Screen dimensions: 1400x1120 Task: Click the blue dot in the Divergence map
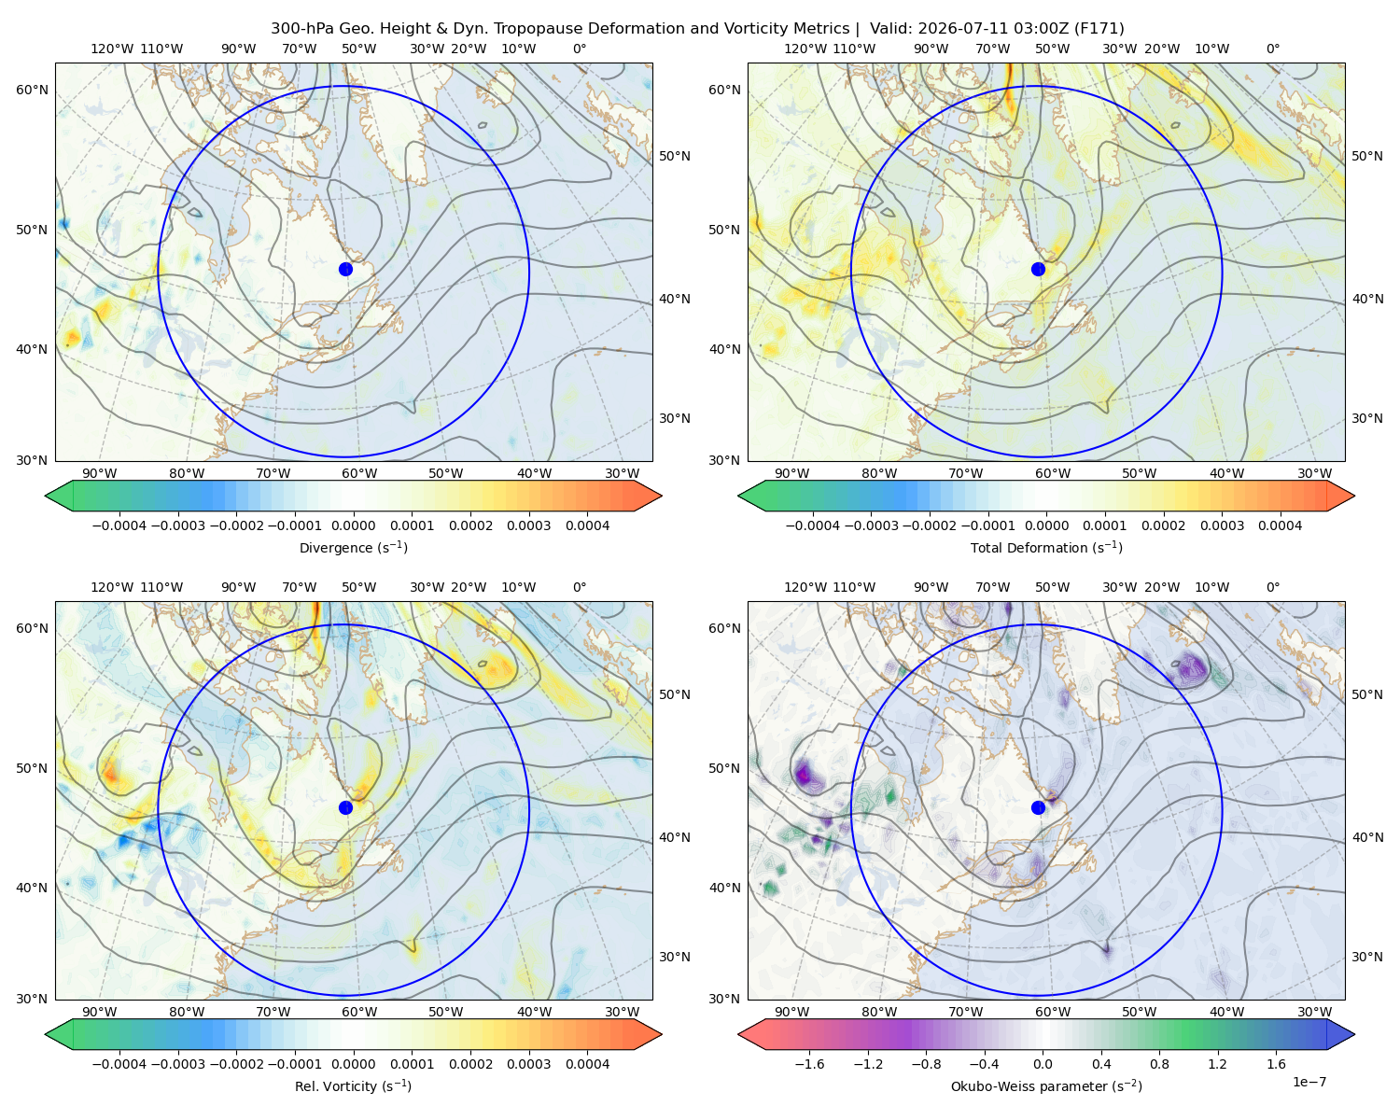(345, 270)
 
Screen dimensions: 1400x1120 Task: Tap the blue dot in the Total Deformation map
(1038, 270)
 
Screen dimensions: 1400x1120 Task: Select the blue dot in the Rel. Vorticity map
(345, 807)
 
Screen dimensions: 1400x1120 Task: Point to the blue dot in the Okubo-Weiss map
(1038, 807)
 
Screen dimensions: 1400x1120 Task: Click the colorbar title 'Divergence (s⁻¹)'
(353, 548)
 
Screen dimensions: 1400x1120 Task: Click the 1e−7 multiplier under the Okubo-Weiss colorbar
(1309, 1083)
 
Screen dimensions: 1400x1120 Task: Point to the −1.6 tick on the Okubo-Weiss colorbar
(809, 1064)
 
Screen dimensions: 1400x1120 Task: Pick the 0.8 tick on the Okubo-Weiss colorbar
(1159, 1064)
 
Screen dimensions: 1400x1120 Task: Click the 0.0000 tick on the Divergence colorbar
(353, 525)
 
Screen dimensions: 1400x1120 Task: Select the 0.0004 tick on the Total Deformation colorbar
(1280, 525)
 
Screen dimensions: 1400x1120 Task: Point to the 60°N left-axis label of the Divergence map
(32, 90)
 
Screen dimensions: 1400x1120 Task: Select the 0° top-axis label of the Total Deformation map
(1273, 49)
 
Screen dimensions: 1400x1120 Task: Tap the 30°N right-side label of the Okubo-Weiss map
(1367, 957)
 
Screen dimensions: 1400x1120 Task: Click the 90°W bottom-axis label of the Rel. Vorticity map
(100, 1012)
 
